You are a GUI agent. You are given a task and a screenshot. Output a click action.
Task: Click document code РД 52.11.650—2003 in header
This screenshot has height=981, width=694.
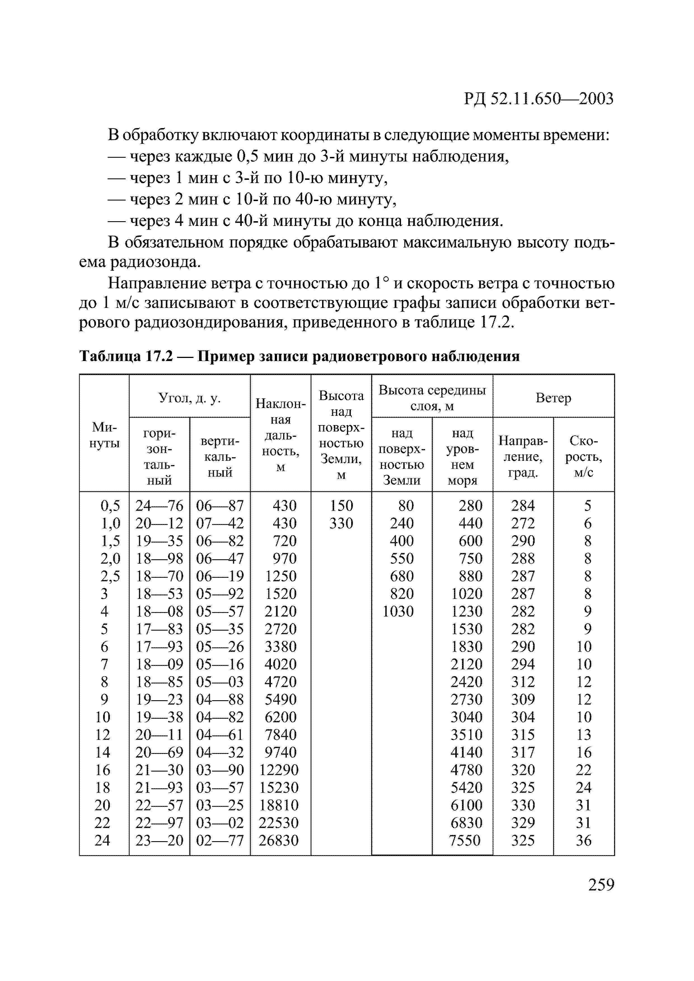point(538,99)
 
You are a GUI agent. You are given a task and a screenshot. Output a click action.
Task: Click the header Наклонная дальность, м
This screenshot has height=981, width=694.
point(280,435)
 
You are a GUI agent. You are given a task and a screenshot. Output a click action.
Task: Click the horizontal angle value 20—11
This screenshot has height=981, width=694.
point(159,734)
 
